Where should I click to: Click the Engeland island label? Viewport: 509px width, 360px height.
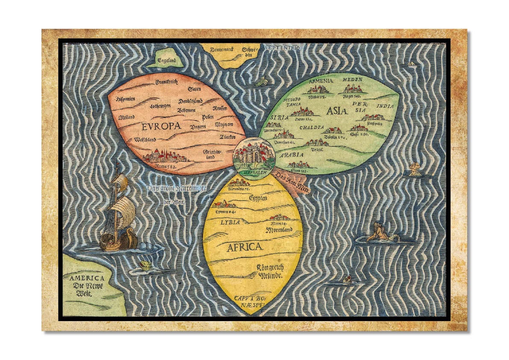(x=167, y=61)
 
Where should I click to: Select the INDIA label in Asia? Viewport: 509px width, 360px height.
(x=385, y=106)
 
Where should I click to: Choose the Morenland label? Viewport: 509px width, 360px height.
(x=279, y=230)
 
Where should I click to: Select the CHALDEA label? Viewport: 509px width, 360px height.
(x=311, y=127)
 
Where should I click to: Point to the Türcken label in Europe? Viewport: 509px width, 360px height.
(x=228, y=137)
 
